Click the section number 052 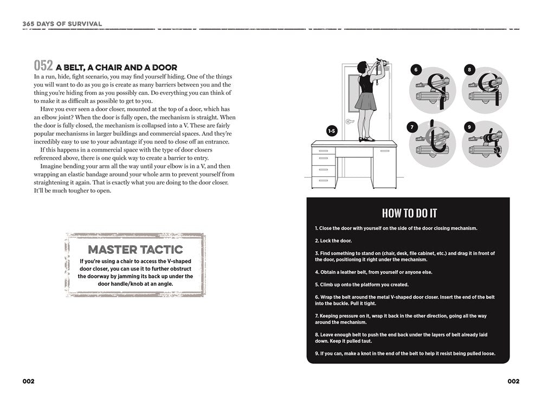pos(43,66)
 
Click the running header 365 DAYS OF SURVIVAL pos(62,24)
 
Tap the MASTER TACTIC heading pos(135,250)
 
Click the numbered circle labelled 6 pos(416,70)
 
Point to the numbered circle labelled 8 pos(469,70)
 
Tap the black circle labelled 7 pos(412,127)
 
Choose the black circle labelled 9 pos(469,127)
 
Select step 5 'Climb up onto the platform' pos(362,284)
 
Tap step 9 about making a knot pos(405,354)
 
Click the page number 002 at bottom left pos(28,381)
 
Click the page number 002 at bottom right pos(513,381)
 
